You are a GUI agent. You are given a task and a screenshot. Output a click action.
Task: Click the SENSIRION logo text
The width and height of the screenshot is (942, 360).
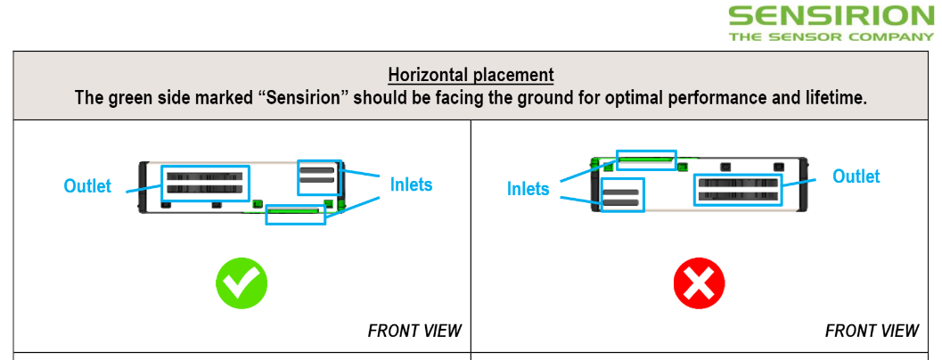click(x=831, y=16)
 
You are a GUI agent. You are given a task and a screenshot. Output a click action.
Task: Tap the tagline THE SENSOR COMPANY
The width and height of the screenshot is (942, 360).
click(x=831, y=37)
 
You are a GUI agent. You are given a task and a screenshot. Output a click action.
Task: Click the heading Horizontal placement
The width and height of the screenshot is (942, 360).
click(x=471, y=75)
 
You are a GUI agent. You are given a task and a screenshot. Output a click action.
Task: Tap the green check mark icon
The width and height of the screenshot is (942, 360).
click(x=242, y=284)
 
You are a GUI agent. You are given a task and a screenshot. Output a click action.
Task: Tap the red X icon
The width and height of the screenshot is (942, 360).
click(x=699, y=284)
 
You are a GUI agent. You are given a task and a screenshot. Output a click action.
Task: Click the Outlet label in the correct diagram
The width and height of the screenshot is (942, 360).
click(x=87, y=186)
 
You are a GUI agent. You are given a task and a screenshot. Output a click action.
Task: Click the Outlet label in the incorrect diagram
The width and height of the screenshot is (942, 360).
click(x=856, y=176)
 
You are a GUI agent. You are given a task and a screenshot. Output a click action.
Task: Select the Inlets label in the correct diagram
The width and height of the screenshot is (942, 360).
click(x=411, y=184)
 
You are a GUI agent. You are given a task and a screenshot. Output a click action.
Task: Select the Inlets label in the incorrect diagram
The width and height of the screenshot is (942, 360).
click(x=528, y=189)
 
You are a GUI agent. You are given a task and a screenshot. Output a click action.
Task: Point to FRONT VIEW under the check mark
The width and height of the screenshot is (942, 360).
click(x=414, y=331)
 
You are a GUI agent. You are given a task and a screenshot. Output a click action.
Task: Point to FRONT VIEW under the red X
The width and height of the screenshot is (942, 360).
click(x=872, y=331)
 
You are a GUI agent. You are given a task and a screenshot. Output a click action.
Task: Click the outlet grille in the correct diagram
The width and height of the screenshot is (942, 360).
click(x=205, y=183)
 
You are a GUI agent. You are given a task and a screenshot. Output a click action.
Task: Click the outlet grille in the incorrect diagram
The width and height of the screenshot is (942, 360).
click(x=739, y=189)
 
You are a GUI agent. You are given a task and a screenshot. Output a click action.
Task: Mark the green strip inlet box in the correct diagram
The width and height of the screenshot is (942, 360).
click(x=295, y=214)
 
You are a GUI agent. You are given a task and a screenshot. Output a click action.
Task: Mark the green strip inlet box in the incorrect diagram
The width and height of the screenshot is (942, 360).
click(x=646, y=160)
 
